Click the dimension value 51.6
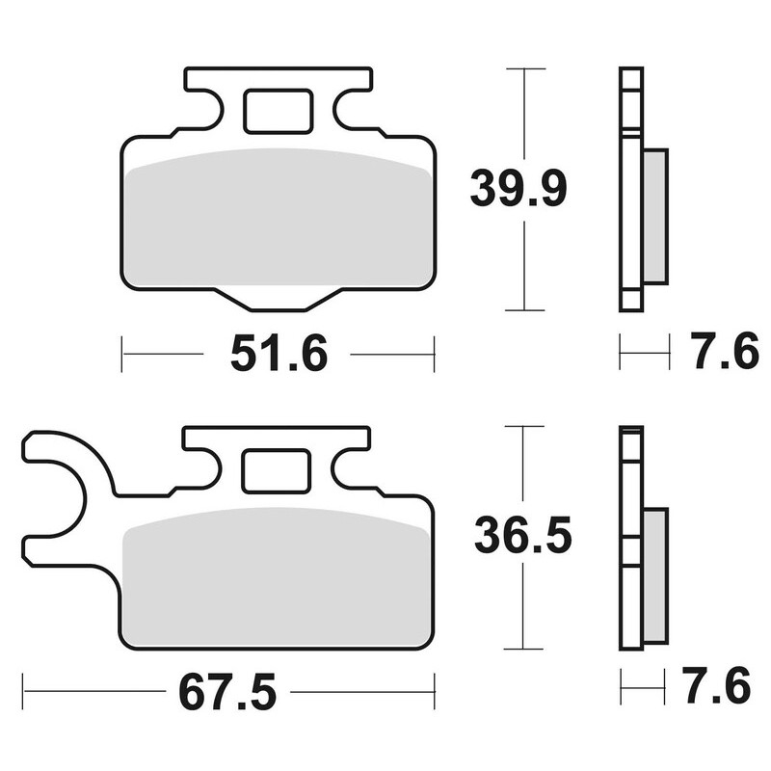tap(279, 355)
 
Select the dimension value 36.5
tap(522, 535)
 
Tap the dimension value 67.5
tap(226, 691)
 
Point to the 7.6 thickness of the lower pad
tap(719, 688)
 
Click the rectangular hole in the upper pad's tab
tap(278, 111)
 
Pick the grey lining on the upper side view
tap(655, 216)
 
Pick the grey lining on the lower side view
tap(654, 576)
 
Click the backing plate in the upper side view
tap(630, 190)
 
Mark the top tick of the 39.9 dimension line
tap(525, 69)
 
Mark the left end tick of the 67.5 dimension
tap(24, 691)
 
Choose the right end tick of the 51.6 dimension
tap(435, 354)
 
